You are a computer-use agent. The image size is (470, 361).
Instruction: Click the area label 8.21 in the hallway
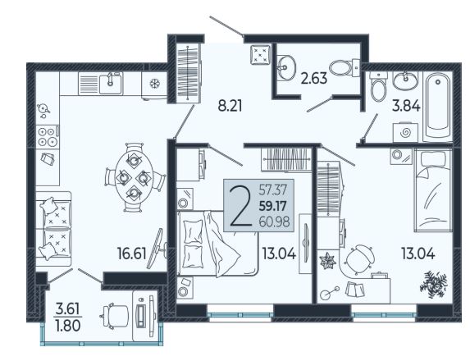click(x=230, y=106)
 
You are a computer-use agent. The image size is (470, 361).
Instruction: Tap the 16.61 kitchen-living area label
click(x=132, y=254)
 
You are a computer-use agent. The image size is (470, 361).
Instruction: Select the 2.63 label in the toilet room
click(x=314, y=79)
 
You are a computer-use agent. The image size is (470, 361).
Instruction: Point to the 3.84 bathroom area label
click(x=406, y=106)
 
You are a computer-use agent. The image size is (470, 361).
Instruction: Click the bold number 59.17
click(x=273, y=206)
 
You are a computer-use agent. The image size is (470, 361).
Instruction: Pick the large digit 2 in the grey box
click(x=240, y=205)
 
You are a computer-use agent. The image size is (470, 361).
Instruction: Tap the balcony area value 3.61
click(x=68, y=308)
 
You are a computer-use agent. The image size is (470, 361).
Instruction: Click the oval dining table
click(x=134, y=178)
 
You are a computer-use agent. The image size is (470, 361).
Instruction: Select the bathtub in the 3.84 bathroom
click(x=438, y=106)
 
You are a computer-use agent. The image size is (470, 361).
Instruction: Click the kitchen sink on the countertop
click(x=110, y=84)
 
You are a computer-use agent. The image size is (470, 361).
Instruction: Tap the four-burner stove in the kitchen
click(x=48, y=137)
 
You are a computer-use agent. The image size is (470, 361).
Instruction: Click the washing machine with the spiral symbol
click(x=405, y=132)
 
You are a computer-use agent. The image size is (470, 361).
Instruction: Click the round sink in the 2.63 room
click(x=285, y=68)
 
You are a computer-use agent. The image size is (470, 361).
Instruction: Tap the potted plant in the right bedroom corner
click(x=434, y=285)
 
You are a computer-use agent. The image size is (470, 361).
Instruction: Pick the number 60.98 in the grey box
click(x=274, y=222)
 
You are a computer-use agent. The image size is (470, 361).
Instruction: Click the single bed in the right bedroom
click(x=433, y=190)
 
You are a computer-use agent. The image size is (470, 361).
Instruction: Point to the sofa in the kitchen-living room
click(x=54, y=229)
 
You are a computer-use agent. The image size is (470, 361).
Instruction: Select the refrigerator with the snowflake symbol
click(x=155, y=85)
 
